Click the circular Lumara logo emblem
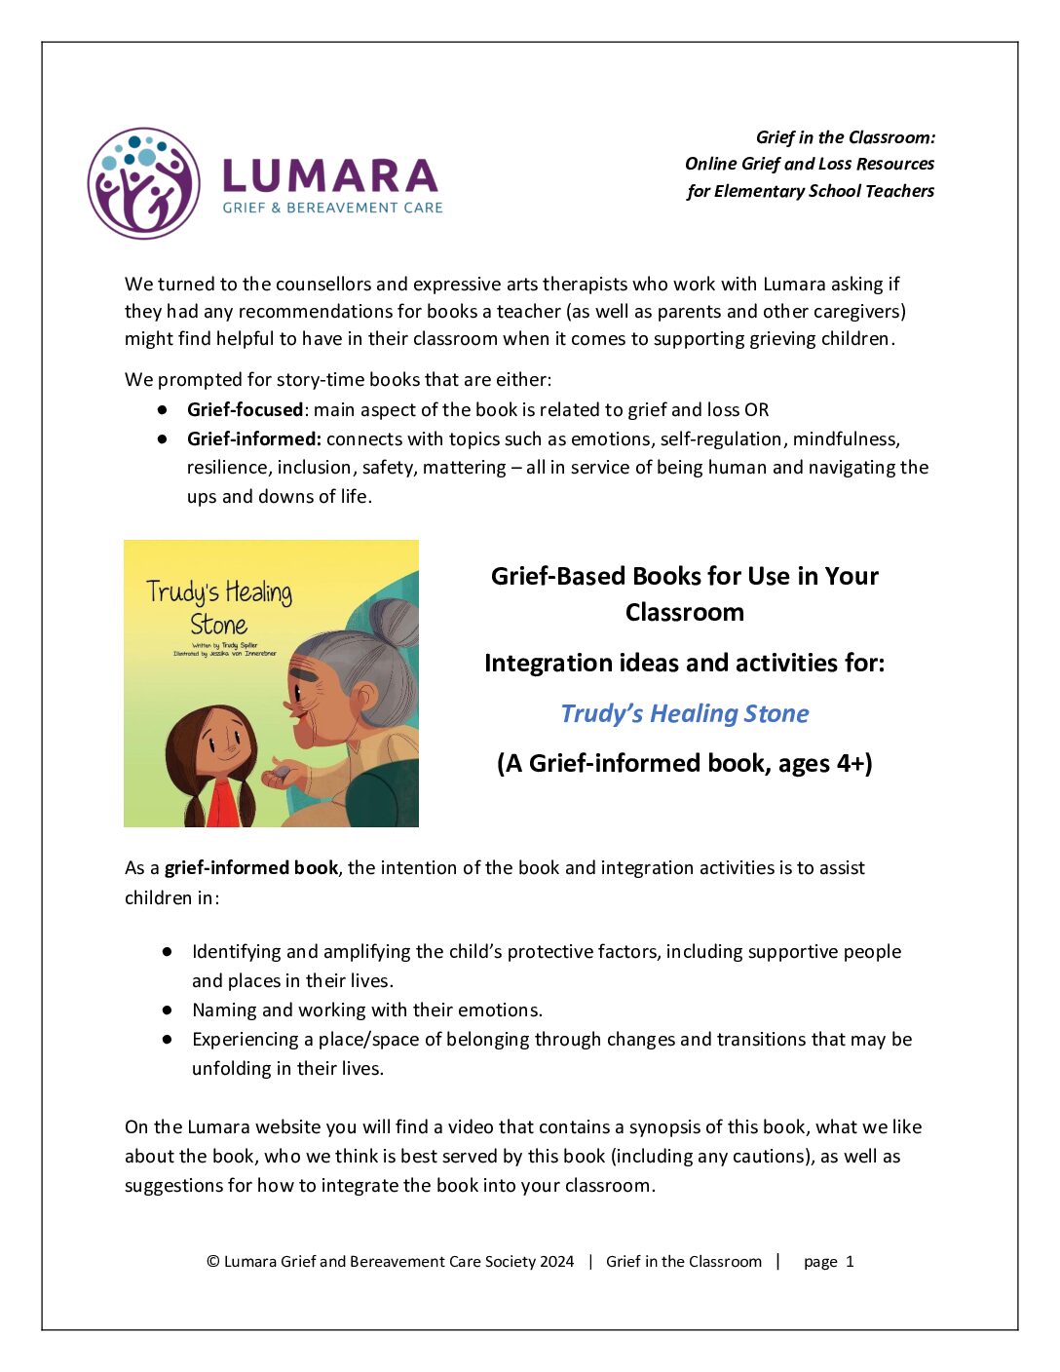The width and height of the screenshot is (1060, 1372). pos(144,183)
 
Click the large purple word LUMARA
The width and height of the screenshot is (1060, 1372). pos(330,176)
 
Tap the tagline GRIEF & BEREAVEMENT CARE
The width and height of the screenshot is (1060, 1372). pos(332,208)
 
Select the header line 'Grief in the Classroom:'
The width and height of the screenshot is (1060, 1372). pos(845,137)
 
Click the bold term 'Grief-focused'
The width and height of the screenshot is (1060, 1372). pos(245,409)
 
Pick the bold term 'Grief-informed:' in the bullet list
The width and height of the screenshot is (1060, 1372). pos(253,438)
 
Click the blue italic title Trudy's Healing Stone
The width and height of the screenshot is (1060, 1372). pos(684,713)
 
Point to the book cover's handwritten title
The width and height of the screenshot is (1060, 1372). pos(219,606)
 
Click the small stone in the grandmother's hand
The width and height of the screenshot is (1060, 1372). pos(283,772)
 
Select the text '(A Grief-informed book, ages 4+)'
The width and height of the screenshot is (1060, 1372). pos(684,763)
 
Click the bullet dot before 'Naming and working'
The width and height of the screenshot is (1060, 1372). pos(168,1010)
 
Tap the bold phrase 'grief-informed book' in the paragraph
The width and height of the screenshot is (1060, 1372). pos(251,867)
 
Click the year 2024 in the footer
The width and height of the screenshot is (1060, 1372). pos(556,1261)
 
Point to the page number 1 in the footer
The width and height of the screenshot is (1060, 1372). pos(850,1261)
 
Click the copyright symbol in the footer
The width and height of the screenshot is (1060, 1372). pos(212,1261)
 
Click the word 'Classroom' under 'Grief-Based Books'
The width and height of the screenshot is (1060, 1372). pos(684,612)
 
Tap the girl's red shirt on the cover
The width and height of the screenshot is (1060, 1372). pos(223,804)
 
